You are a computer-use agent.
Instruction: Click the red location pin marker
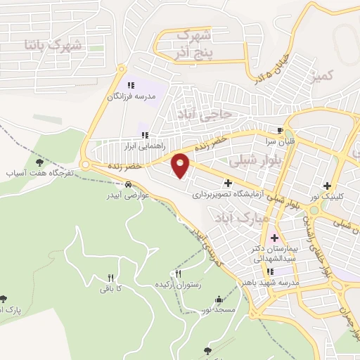pos(181,165)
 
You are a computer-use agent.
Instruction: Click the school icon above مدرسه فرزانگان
pos(130,85)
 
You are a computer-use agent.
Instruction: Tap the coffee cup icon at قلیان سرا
pos(280,131)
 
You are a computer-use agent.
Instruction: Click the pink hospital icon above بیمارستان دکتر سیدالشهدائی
pos(275,238)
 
